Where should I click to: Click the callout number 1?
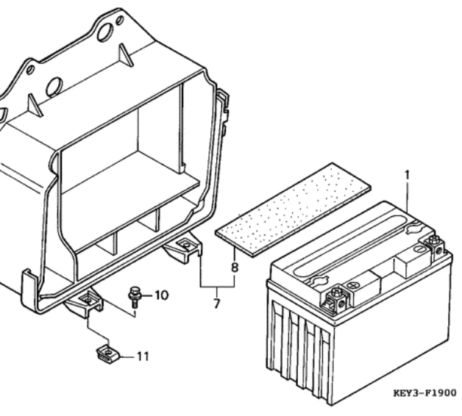pos(408,176)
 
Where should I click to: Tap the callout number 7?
pos(216,304)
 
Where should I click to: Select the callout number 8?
pos(235,268)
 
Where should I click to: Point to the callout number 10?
pos(161,295)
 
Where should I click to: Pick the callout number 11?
pos(143,356)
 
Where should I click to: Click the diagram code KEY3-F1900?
pos(425,392)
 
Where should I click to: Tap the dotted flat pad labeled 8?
pos(293,209)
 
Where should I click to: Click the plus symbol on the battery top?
pos(352,285)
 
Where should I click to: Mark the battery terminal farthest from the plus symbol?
pos(434,245)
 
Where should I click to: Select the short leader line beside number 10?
pos(146,295)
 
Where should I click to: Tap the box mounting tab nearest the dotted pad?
pos(183,248)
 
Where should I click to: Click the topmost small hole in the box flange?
pos(120,21)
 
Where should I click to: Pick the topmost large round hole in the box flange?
pos(105,32)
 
